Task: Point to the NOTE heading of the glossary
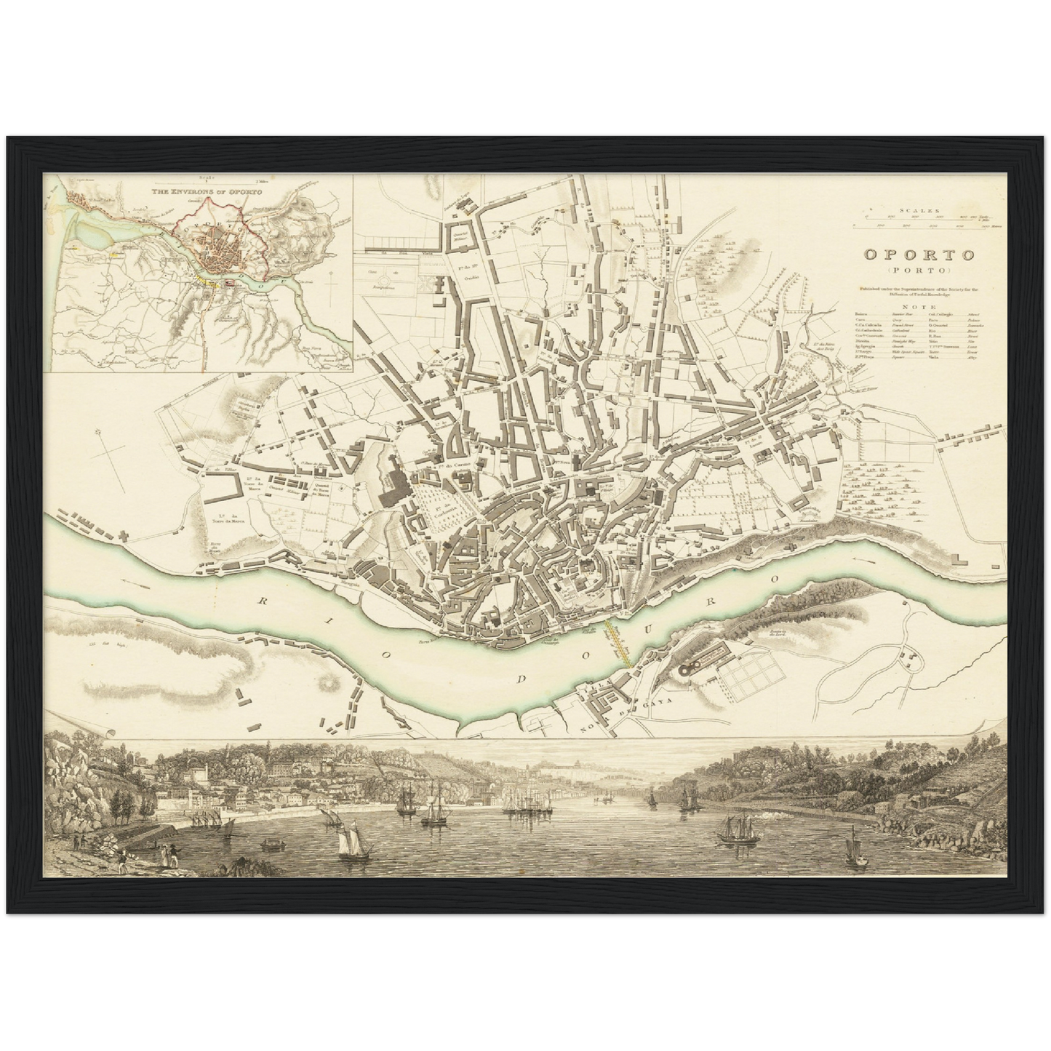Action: [x=918, y=307]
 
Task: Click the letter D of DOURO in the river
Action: [x=521, y=679]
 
